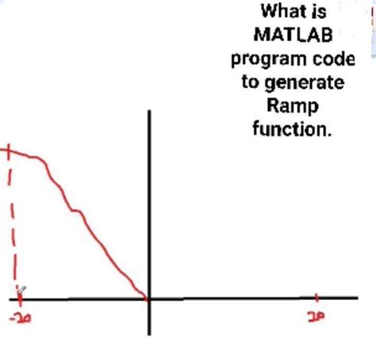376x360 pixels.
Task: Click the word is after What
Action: click(x=320, y=13)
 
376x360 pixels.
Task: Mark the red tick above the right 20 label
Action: click(x=317, y=299)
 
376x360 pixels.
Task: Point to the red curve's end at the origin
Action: click(x=147, y=299)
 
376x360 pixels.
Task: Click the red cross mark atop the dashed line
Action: click(x=8, y=150)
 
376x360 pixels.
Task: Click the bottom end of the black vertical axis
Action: click(x=148, y=333)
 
